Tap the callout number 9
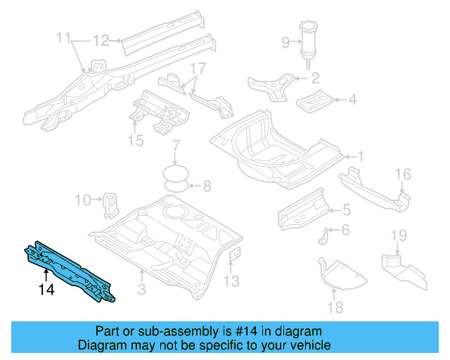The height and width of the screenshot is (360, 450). [285, 43]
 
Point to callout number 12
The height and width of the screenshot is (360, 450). [101, 40]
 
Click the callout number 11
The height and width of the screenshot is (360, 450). [64, 37]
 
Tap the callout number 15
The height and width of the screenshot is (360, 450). [136, 141]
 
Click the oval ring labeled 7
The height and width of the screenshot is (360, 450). [176, 173]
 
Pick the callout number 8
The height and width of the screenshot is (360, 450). [207, 186]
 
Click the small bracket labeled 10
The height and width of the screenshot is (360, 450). [110, 201]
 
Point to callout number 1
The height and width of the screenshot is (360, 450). [360, 156]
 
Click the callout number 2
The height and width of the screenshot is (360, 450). [315, 78]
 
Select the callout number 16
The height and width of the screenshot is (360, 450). [402, 174]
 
